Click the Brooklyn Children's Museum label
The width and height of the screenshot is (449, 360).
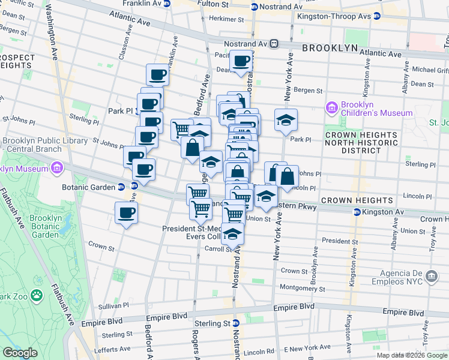click(376, 109)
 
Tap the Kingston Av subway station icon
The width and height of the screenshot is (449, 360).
click(357, 212)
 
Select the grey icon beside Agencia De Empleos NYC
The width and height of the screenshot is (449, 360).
click(431, 276)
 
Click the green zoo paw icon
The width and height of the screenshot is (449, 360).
click(37, 295)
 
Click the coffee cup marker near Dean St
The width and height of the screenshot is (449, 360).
click(241, 61)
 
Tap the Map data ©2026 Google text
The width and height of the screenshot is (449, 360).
click(411, 355)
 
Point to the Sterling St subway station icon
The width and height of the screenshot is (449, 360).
click(236, 323)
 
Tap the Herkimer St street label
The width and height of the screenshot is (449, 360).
click(226, 19)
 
